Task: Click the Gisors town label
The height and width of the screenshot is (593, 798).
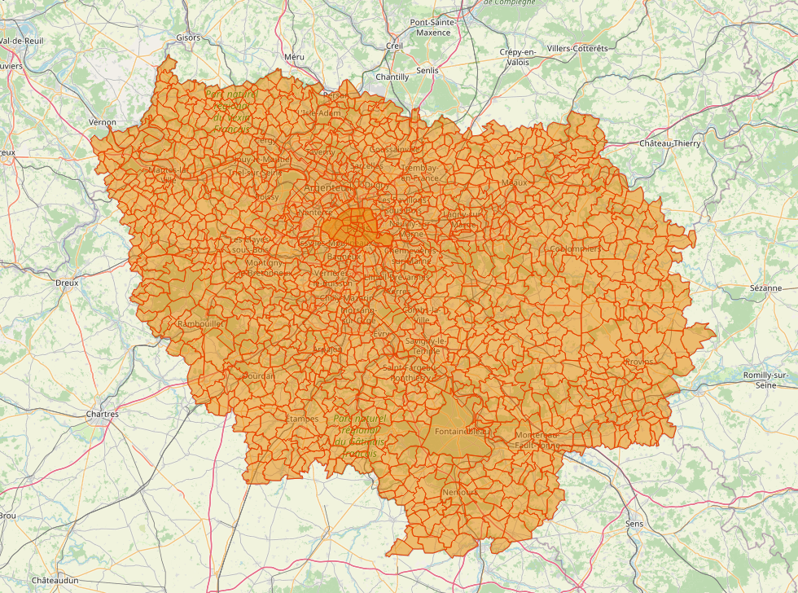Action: [187, 37]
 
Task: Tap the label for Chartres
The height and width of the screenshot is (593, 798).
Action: [102, 414]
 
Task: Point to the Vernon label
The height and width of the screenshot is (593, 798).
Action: [103, 122]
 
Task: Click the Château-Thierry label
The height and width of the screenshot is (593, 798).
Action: [669, 143]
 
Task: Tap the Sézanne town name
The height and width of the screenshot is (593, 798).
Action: [765, 288]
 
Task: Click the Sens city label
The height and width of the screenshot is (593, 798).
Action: [634, 523]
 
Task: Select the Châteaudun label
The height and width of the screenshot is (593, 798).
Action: [55, 580]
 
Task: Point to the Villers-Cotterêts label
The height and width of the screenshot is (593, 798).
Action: [577, 48]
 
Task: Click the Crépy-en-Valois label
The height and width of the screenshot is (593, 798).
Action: [519, 57]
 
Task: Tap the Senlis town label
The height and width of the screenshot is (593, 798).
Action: [427, 70]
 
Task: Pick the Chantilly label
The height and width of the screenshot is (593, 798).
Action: [392, 77]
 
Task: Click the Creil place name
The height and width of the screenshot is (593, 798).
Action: [394, 46]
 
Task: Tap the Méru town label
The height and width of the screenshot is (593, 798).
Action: [294, 57]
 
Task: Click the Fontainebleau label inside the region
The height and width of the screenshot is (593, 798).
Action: [460, 431]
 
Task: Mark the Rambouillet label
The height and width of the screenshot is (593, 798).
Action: [199, 323]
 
